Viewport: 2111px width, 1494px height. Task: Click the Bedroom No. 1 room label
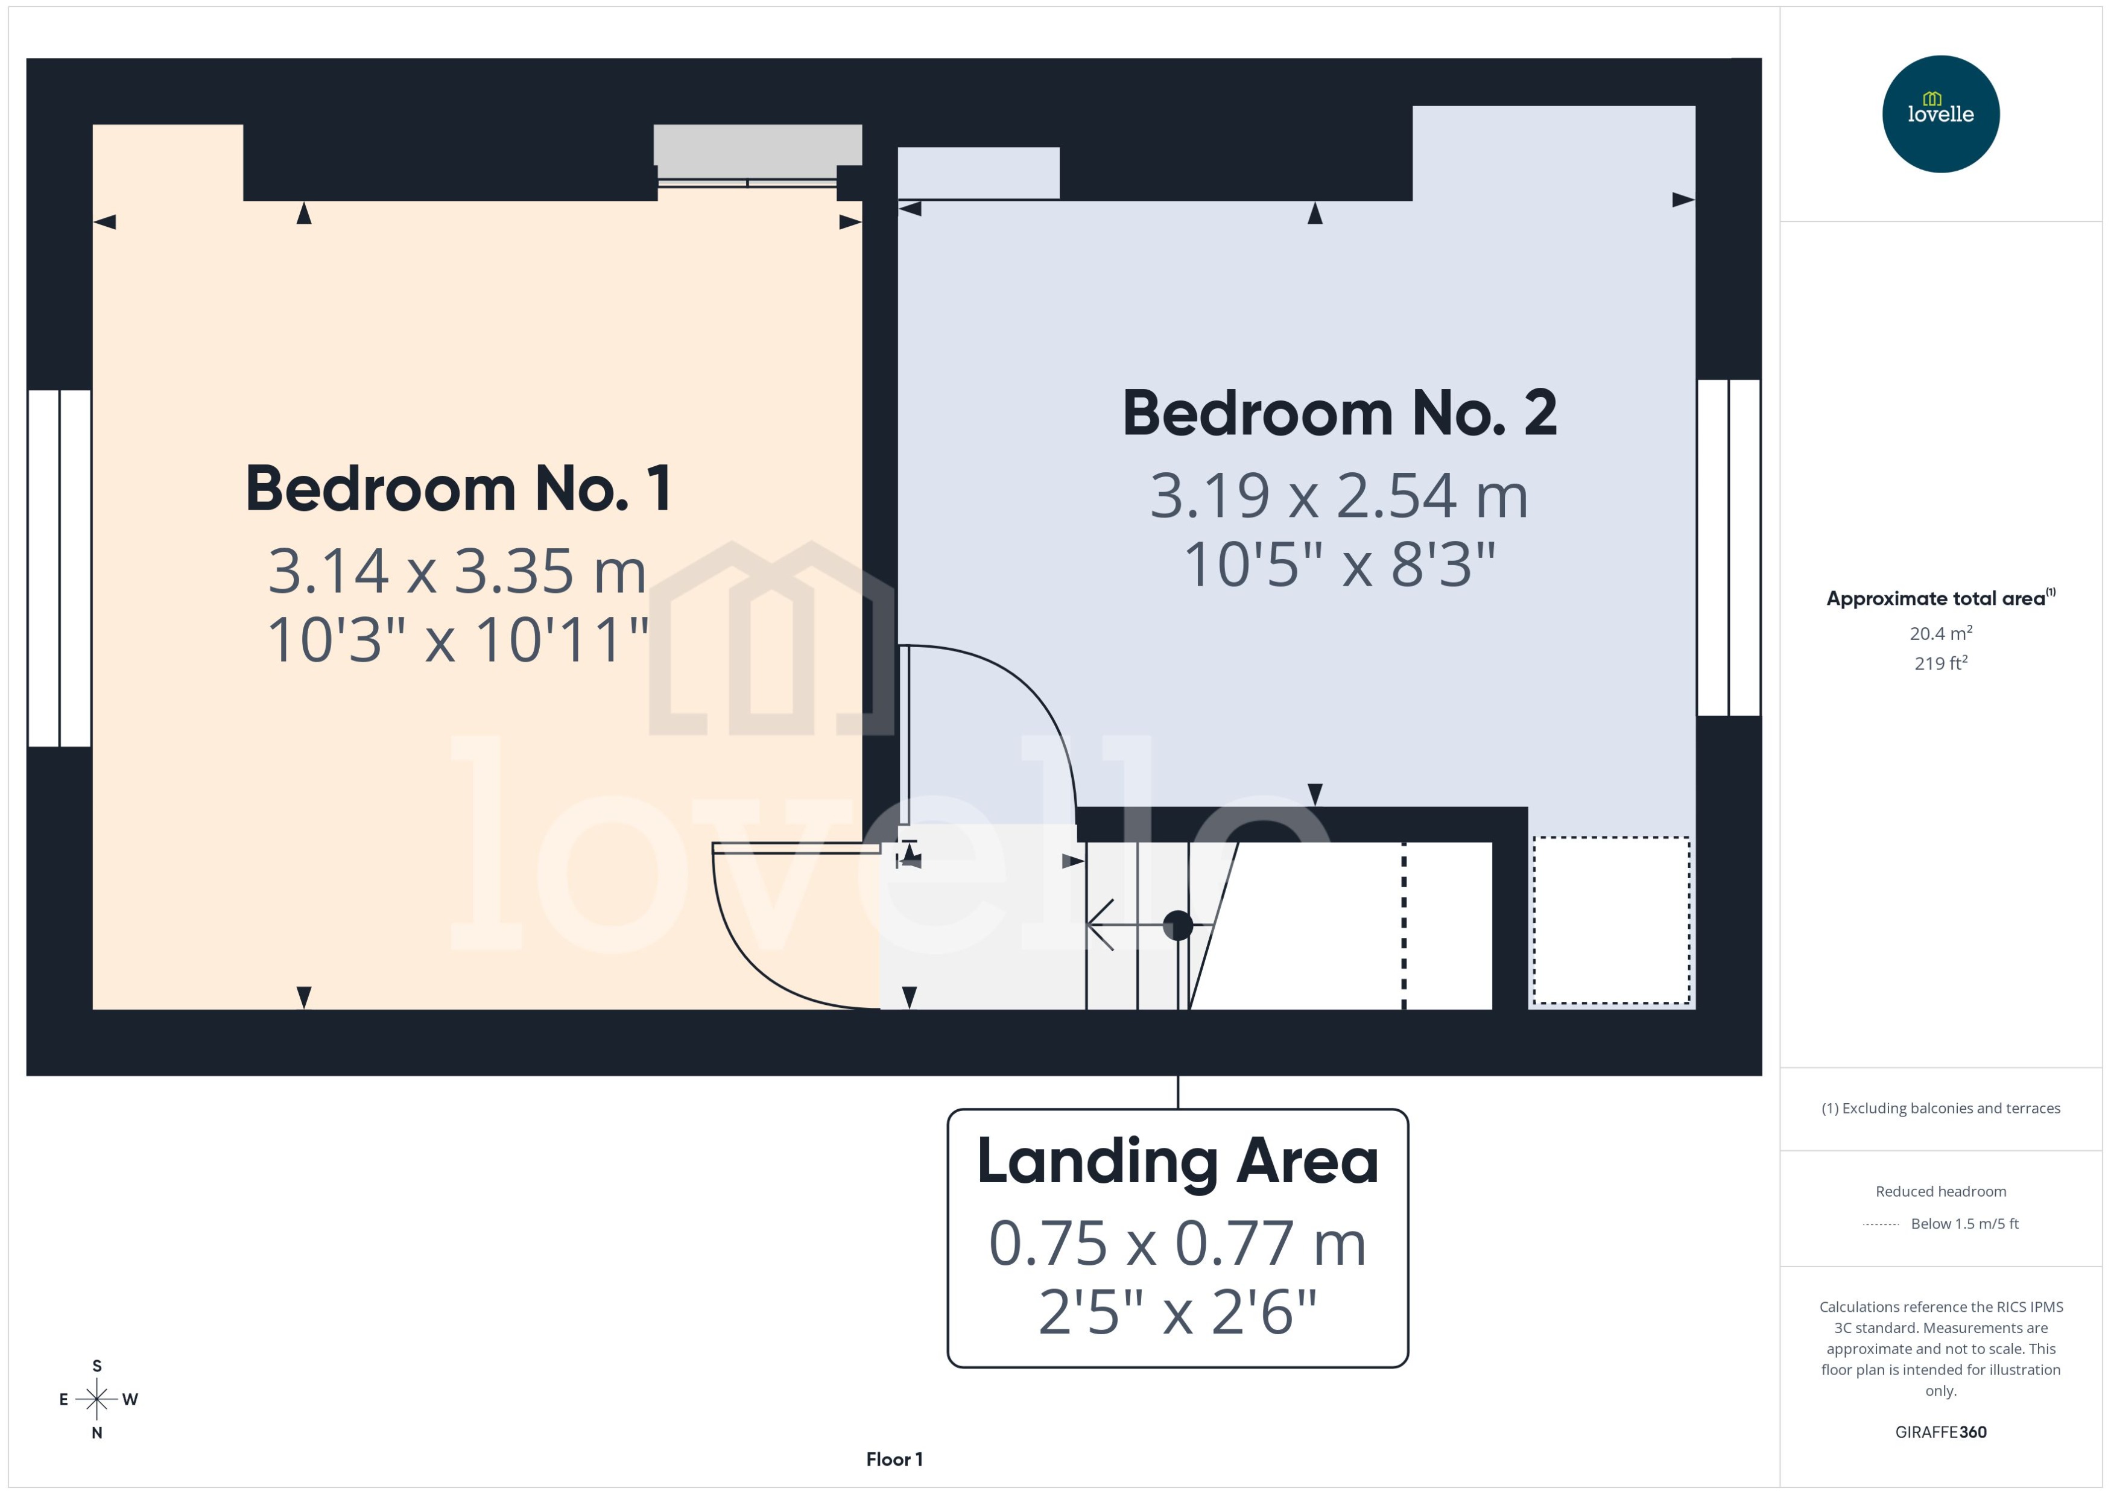[x=458, y=489]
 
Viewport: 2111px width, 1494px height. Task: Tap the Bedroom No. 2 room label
[x=1338, y=413]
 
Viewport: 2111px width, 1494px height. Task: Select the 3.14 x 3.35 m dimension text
[x=457, y=571]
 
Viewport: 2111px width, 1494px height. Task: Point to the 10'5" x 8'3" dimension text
[x=1338, y=564]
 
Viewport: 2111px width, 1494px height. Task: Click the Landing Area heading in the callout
[x=1177, y=1161]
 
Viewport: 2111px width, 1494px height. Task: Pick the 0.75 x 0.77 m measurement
[x=1177, y=1244]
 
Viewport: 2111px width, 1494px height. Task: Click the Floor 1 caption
[x=893, y=1459]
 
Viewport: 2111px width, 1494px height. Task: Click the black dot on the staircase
[x=1177, y=925]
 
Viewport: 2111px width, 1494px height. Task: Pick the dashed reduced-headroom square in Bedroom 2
[x=1610, y=920]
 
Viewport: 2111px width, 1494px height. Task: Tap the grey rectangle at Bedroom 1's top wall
[x=757, y=144]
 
